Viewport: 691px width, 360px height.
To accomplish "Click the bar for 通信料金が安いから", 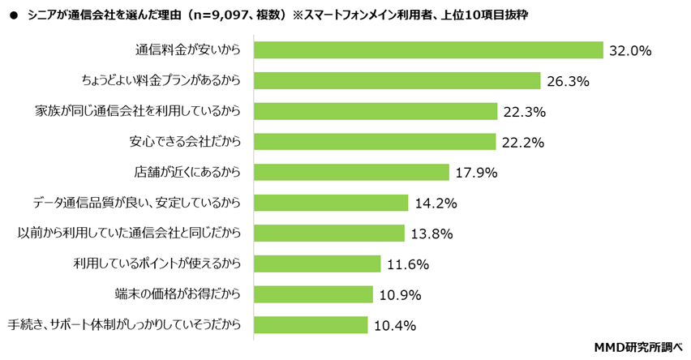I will [429, 50].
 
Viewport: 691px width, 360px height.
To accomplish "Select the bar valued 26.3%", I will [397, 80].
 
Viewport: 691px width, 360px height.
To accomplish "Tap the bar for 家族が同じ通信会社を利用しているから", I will [376, 111].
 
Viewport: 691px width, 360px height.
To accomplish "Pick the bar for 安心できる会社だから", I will [375, 142].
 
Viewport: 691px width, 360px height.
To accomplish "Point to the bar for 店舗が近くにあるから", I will [351, 172].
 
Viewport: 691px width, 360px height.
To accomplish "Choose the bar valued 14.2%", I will [331, 203].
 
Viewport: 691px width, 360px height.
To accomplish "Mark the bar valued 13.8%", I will [329, 234].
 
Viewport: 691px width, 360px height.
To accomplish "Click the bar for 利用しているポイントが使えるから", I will [317, 264].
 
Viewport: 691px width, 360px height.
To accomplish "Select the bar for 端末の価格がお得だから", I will [313, 294].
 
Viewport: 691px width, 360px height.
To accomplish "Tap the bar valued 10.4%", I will [311, 325].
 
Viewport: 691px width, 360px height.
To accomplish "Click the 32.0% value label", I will [630, 51].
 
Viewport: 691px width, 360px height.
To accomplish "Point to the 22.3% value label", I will [524, 112].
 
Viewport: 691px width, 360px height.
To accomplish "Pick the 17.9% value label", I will [476, 173].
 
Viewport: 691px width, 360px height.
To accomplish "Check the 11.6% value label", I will [407, 264].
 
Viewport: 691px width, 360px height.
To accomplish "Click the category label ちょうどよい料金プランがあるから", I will [161, 80].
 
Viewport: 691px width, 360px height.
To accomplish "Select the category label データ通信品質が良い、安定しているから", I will [137, 203].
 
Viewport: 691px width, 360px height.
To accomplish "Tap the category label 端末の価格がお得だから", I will [178, 294].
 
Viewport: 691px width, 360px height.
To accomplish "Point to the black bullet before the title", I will [12, 15].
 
